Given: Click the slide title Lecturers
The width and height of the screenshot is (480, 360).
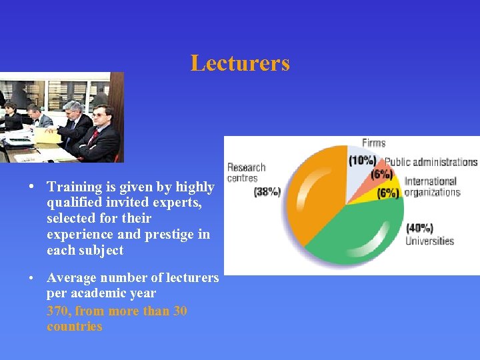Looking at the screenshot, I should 240,63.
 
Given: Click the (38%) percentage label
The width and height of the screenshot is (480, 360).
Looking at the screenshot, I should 267,192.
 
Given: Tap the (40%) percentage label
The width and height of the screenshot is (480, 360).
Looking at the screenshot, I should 420,228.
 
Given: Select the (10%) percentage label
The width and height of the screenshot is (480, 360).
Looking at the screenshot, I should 362,161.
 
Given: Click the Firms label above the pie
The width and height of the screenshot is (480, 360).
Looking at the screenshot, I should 373,143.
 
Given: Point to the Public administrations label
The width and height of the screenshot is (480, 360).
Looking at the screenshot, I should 431,162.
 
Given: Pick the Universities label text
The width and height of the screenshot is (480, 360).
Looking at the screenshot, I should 430,241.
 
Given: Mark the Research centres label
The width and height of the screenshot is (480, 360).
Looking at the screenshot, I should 247,172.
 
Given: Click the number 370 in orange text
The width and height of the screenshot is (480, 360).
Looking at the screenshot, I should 59,311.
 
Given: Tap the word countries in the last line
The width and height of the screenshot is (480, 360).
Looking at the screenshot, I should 75,327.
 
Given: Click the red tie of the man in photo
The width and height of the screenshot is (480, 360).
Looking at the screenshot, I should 95,136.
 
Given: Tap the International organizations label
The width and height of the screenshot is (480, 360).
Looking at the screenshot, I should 432,187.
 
